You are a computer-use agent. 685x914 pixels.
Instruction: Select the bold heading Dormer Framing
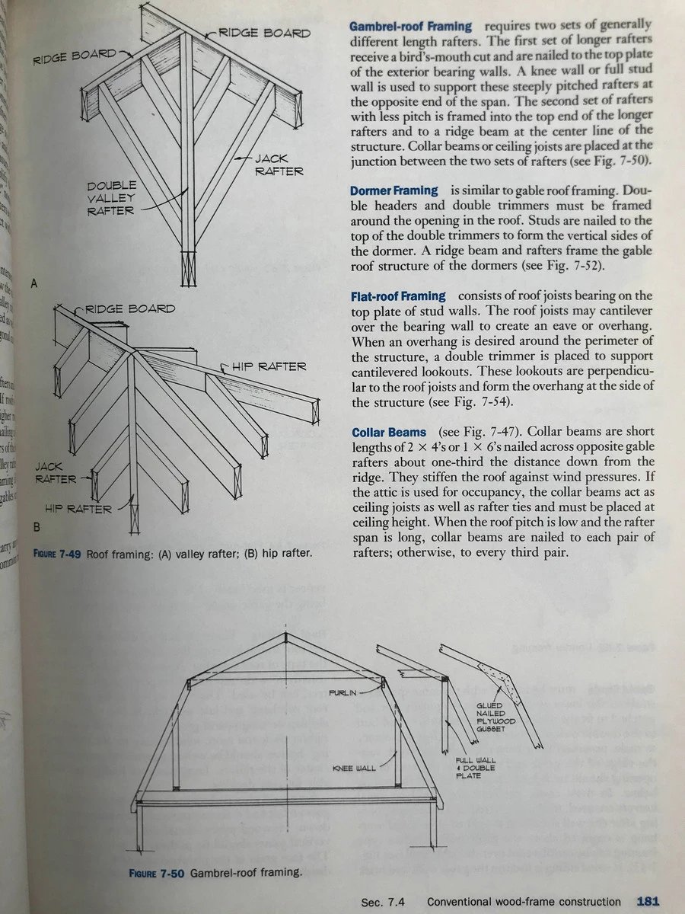[393, 190]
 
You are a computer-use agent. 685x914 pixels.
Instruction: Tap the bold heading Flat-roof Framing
[398, 295]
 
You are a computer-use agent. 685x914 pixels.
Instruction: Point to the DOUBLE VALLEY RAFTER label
[111, 198]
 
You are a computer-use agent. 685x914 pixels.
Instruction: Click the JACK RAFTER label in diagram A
[279, 165]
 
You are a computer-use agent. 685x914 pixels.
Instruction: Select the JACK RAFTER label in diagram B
[56, 472]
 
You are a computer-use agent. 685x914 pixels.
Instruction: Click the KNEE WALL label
[354, 768]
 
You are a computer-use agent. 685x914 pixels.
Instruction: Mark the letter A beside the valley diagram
[34, 283]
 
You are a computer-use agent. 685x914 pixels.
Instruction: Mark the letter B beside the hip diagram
[36, 526]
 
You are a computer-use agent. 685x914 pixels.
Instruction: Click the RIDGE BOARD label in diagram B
[129, 308]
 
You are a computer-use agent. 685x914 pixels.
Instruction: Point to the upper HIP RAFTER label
[269, 366]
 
